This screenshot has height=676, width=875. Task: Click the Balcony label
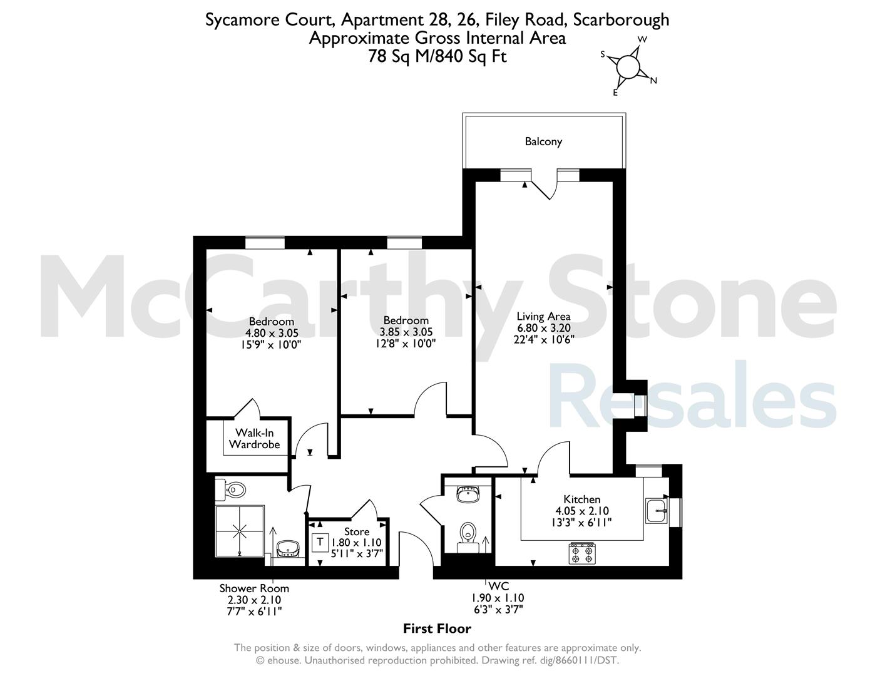pyautogui.click(x=543, y=141)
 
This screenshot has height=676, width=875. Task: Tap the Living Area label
pyautogui.click(x=543, y=317)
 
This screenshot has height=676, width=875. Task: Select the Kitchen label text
pyautogui.click(x=581, y=499)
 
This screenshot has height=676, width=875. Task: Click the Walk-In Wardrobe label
pyautogui.click(x=255, y=439)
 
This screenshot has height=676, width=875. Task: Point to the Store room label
pyautogui.click(x=356, y=532)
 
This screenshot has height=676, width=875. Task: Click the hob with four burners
pyautogui.click(x=582, y=553)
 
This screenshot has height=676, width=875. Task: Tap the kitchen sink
pyautogui.click(x=657, y=511)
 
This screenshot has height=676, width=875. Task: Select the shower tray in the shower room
pyautogui.click(x=240, y=531)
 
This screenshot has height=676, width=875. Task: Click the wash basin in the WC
pyautogui.click(x=468, y=494)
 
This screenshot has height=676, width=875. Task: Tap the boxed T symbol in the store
pyautogui.click(x=320, y=543)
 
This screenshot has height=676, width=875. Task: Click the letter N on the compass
pyautogui.click(x=653, y=81)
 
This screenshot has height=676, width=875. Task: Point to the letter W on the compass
pyautogui.click(x=643, y=39)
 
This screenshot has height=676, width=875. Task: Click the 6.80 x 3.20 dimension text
pyautogui.click(x=544, y=328)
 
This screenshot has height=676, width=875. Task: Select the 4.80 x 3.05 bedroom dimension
pyautogui.click(x=272, y=333)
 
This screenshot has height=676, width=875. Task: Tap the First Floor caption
pyautogui.click(x=437, y=628)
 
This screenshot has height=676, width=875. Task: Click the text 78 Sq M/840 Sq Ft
pyautogui.click(x=437, y=56)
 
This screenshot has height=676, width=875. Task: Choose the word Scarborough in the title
pyautogui.click(x=621, y=20)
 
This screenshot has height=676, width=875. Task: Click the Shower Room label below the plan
pyautogui.click(x=254, y=588)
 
